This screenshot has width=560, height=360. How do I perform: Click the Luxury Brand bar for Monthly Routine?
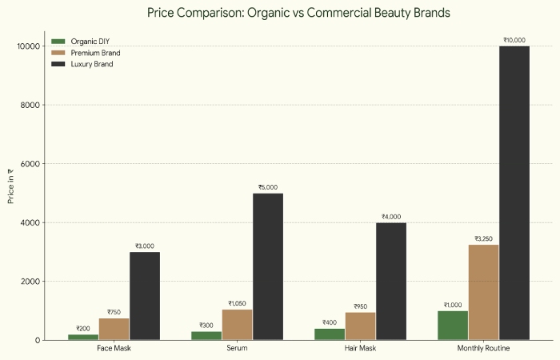(514, 193)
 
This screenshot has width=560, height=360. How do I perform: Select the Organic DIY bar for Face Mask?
(83, 337)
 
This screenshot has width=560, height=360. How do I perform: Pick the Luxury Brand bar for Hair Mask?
(391, 281)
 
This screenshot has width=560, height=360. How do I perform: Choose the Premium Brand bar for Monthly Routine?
(483, 292)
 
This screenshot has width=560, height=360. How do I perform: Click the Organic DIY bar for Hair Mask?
(330, 334)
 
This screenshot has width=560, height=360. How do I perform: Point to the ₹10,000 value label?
(514, 40)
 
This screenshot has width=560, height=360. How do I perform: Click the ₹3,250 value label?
(483, 238)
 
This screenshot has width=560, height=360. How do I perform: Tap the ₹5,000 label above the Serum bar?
(268, 187)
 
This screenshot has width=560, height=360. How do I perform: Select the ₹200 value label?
(83, 328)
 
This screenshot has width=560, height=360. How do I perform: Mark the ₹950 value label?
(360, 306)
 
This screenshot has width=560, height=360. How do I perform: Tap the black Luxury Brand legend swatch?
(58, 64)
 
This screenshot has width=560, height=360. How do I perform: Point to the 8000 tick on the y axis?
(30, 105)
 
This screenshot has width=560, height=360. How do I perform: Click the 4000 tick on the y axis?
(30, 222)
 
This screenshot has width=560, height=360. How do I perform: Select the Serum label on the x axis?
(237, 349)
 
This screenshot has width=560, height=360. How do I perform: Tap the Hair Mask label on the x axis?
(360, 349)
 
